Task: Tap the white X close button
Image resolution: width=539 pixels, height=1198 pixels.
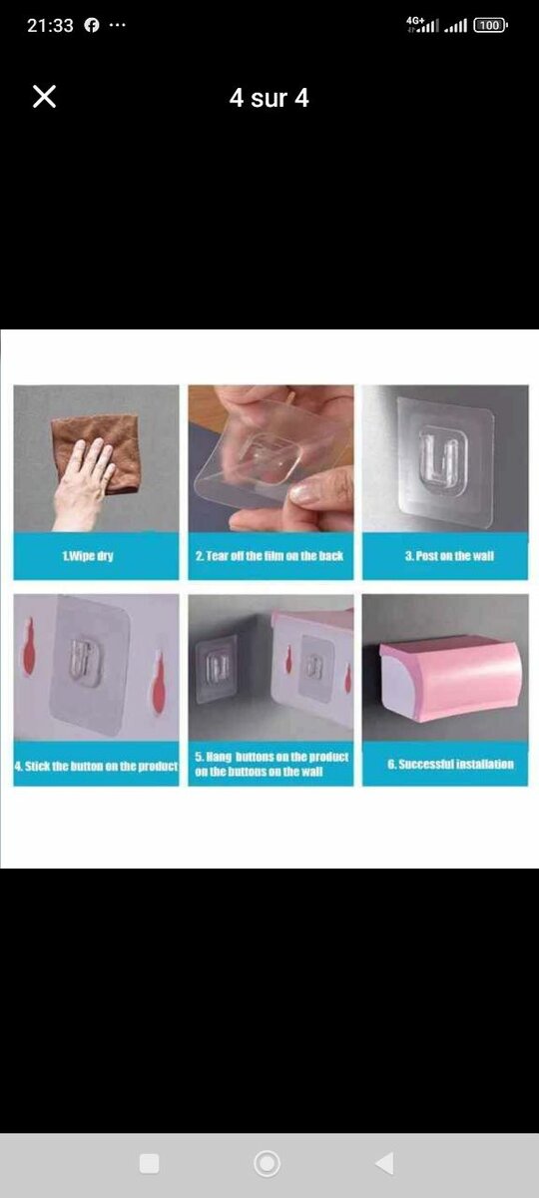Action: pos(44,97)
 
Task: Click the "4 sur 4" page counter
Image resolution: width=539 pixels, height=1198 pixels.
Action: pos(269,98)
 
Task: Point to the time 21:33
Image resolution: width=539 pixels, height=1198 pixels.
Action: pos(50,25)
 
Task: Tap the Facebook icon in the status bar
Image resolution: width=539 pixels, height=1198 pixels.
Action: pos(92,25)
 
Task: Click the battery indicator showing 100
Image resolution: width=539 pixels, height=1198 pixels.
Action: pos(490,25)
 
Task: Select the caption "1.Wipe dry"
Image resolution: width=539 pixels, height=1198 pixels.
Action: pos(88,556)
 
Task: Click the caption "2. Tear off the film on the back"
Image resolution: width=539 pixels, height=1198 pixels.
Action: pos(269,556)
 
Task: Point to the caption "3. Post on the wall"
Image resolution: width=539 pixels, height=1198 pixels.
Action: pos(449,556)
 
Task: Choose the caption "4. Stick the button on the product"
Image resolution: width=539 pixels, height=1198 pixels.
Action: pos(96,766)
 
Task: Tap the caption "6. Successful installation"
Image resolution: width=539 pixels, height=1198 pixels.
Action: pos(451,764)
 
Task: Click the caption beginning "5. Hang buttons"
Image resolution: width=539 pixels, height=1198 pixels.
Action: pos(271,764)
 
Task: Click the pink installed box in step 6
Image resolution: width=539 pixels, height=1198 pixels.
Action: pos(450,678)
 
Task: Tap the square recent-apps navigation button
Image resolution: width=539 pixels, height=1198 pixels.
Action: pos(149,1163)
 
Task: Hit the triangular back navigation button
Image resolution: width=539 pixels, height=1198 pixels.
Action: pos(384,1163)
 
